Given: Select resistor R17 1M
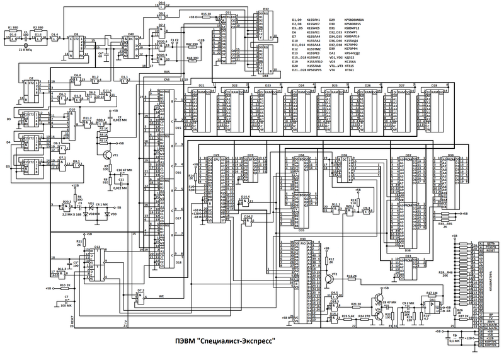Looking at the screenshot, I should click(x=432, y=293).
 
